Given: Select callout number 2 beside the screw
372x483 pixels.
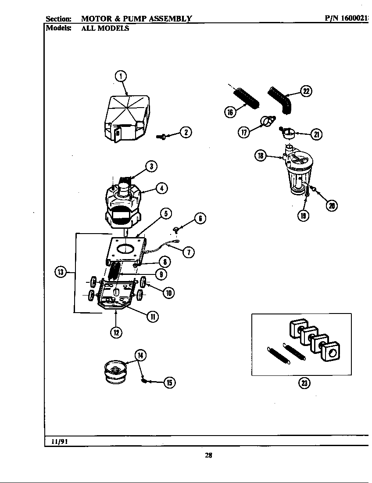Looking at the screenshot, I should pos(186,132).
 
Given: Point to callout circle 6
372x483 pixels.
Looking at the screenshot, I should pos(200,218).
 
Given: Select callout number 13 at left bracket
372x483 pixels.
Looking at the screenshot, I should pos(60,272).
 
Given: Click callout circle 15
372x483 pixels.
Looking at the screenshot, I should pos(169,383).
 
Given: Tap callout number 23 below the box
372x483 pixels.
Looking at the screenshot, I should pos(304,383).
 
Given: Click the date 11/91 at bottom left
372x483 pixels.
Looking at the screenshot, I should pos(58,442).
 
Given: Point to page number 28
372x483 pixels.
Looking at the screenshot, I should pos(208,455).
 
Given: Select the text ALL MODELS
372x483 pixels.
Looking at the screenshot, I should pos(105,29).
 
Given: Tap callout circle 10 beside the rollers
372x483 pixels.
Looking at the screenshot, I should pos(168,293).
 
